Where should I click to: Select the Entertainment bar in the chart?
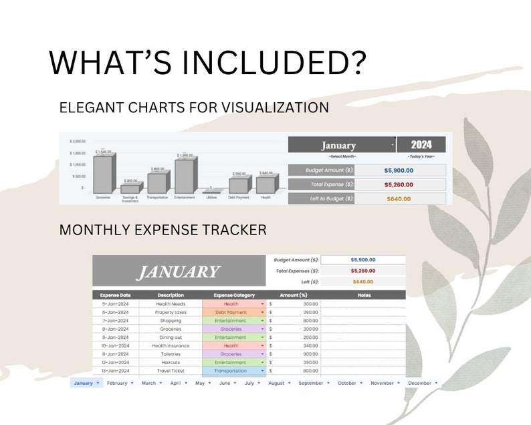(x=185, y=176)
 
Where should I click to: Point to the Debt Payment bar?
(x=239, y=186)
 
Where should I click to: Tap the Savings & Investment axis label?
(x=130, y=199)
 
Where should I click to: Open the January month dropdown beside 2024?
(x=392, y=145)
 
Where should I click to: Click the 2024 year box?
(x=421, y=144)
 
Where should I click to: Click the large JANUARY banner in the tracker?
(x=177, y=272)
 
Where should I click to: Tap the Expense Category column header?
(x=234, y=295)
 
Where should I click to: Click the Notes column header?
(x=364, y=295)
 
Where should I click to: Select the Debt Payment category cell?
(x=234, y=312)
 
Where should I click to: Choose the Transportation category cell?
(x=234, y=371)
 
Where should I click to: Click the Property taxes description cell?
(x=170, y=312)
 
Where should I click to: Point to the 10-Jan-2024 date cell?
(x=115, y=345)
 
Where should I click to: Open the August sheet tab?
(x=276, y=383)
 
